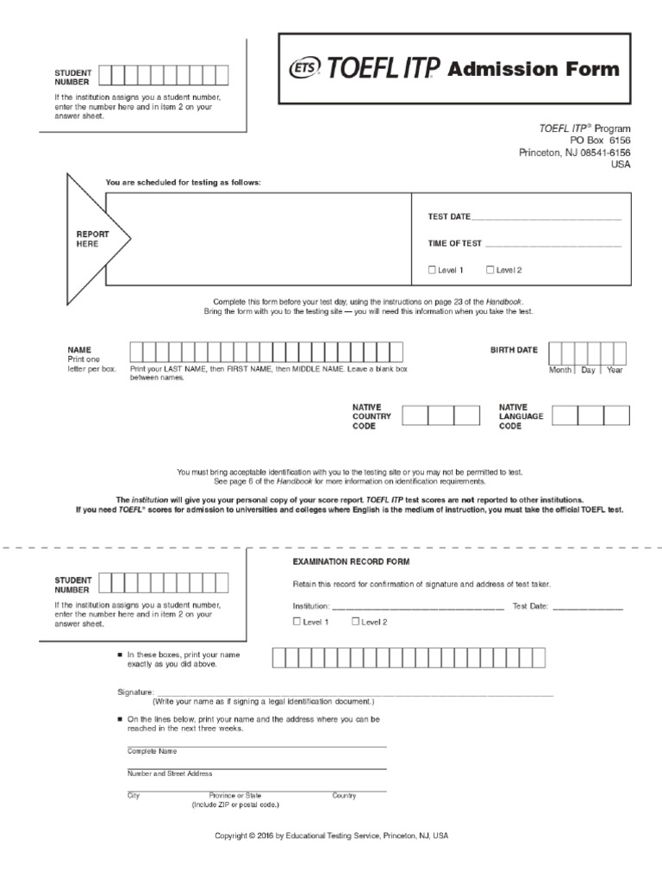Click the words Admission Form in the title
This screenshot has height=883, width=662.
click(x=534, y=69)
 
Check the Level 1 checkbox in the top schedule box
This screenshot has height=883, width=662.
click(x=433, y=270)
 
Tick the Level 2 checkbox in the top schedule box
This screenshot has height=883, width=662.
click(x=490, y=270)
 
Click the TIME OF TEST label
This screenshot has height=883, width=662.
click(x=455, y=244)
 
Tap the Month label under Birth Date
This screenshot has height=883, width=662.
click(x=560, y=370)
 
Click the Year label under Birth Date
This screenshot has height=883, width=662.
click(x=615, y=370)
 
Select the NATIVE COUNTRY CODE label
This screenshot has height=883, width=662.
click(x=372, y=416)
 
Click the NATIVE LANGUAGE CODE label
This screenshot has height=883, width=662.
click(x=521, y=416)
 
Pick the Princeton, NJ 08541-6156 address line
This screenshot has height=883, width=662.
click(x=574, y=153)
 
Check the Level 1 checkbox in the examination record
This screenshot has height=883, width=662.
click(x=297, y=621)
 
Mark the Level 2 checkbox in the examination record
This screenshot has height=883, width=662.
click(x=355, y=621)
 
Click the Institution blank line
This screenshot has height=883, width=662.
click(x=418, y=608)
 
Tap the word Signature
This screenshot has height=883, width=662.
click(x=135, y=692)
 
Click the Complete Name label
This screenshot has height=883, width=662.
click(x=152, y=751)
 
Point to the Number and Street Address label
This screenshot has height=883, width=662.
click(x=170, y=773)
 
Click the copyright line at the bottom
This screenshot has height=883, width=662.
click(x=331, y=836)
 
